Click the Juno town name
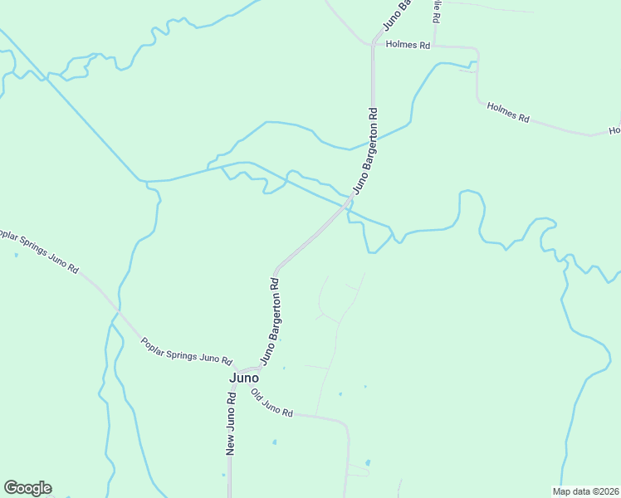click(x=243, y=377)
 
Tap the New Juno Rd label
click(x=232, y=422)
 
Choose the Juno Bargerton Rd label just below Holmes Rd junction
click(x=367, y=150)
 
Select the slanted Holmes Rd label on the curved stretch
click(x=508, y=112)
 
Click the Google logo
click(x=27, y=488)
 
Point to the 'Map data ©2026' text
click(x=586, y=491)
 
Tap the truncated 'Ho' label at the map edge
click(x=614, y=130)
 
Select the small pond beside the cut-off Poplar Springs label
click(x=16, y=255)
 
